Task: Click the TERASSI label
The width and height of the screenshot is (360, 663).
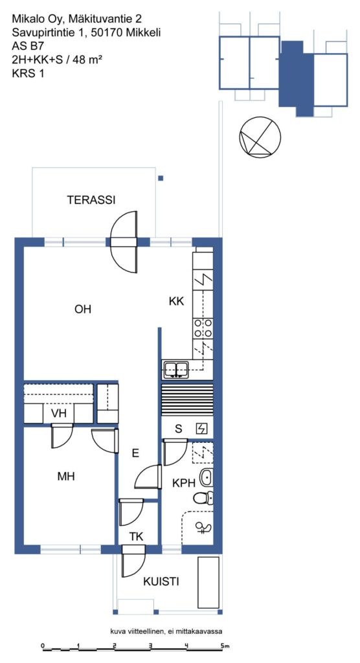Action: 91,201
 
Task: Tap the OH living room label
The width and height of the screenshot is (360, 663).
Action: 83,309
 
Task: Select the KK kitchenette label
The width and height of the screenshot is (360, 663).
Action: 176,302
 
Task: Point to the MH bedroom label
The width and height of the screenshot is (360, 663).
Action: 66,477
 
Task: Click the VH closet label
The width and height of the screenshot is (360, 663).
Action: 59,414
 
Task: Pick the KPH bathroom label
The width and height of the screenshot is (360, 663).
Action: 183,483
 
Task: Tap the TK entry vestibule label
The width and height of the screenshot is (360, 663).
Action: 136,537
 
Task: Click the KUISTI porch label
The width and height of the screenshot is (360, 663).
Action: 161,582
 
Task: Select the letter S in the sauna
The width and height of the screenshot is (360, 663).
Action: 179,429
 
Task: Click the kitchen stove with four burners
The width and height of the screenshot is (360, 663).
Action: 203,328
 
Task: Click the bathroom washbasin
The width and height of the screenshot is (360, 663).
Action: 206,477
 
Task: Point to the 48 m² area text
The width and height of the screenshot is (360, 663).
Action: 87,60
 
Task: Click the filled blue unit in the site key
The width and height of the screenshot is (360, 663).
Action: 296,78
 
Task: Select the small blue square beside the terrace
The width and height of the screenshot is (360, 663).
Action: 161,179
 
